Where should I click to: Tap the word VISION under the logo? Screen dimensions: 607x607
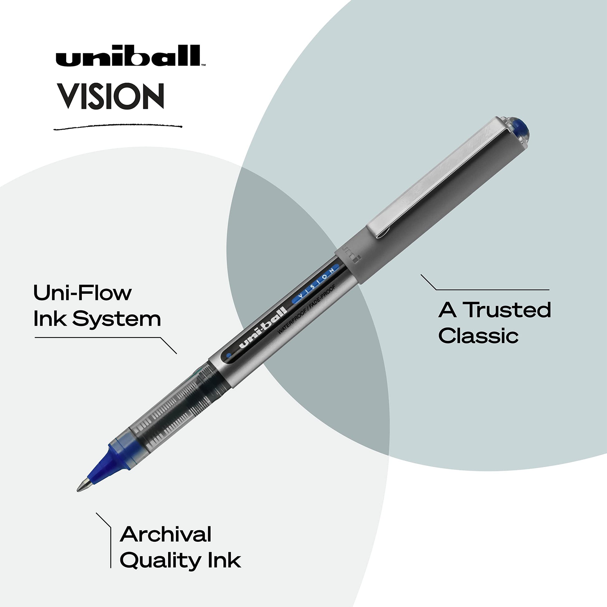coord(112,96)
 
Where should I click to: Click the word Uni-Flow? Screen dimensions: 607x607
coord(82,293)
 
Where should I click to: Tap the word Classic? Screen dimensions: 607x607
coord(478,336)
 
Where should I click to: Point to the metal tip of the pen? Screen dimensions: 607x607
coord(84,486)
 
